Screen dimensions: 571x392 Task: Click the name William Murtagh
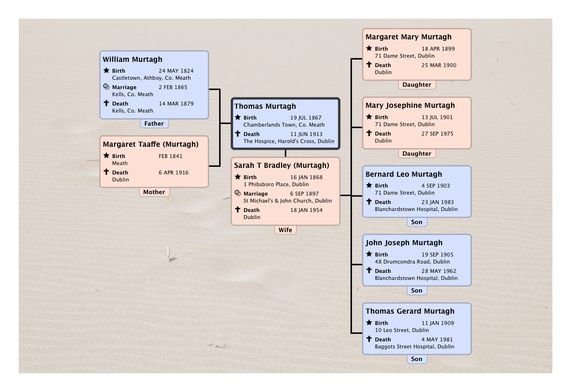132,60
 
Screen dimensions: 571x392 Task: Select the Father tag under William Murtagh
154,123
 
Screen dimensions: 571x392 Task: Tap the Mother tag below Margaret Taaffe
154,192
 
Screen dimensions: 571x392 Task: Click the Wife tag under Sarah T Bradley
285,230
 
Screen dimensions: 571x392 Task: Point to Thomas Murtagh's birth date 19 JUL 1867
305,118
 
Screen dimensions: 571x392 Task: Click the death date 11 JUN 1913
306,134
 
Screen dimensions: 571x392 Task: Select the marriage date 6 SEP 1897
304,194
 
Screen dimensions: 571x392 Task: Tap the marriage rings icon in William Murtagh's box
107,87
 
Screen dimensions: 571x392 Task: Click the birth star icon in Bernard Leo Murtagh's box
369,185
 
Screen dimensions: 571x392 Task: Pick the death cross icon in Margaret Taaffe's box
107,172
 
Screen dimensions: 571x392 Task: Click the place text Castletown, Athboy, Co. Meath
152,78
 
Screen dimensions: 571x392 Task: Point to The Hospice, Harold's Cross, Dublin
289,141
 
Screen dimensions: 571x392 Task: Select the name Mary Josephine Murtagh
410,106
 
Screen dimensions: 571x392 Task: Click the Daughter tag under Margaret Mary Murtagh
417,85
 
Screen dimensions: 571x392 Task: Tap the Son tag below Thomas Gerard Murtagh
417,359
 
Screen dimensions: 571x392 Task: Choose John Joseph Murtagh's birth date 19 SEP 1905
437,255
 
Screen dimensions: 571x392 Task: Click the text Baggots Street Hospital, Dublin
414,347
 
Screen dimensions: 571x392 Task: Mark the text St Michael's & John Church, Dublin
288,201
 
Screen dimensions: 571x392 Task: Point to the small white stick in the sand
168,254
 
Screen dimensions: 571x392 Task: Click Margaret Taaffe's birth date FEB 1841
170,156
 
